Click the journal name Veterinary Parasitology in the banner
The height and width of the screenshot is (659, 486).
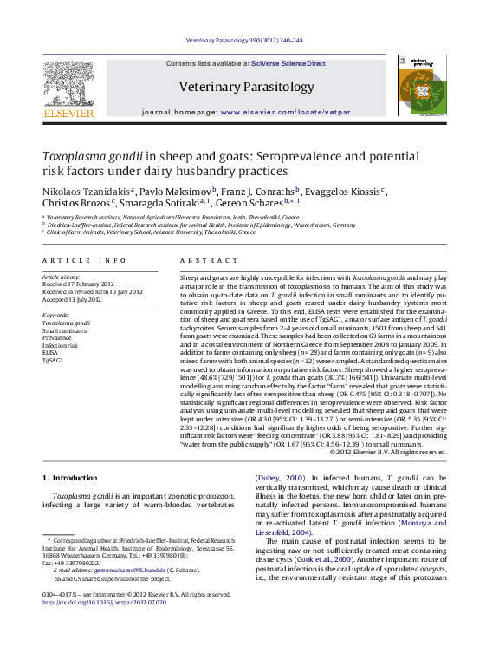pyautogui.click(x=246, y=87)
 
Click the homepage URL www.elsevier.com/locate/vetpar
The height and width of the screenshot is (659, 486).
pyautogui.click(x=286, y=113)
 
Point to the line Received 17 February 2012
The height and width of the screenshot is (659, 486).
pyautogui.click(x=78, y=284)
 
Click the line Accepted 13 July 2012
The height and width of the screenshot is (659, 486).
pyautogui.click(x=74, y=299)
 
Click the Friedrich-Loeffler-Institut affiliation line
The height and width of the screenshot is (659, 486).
pyautogui.click(x=189, y=225)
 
